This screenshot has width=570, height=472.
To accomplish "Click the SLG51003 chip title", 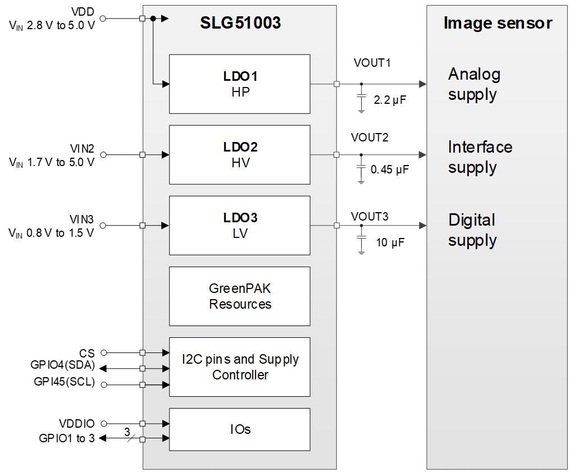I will pos(240,23).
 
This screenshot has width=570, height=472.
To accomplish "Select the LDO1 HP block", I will pos(239,84).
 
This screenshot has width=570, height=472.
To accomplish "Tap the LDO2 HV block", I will pos(239,154).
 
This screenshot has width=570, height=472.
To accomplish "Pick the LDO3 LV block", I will pos(239,225).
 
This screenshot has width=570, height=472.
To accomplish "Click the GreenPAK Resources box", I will pos(239,296).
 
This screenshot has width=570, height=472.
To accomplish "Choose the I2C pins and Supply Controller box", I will pos(239,367).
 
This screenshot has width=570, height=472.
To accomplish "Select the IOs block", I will pos(239,429).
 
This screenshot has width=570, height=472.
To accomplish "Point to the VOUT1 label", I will pos(372,63).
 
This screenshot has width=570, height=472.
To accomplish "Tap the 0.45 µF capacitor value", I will pos(390,169).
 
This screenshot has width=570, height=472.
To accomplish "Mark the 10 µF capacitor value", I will pos(389,242).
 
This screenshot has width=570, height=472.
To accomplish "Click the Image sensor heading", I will pos(498,23).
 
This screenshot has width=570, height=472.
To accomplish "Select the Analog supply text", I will pos(473,84).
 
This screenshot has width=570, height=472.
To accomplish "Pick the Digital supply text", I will pos(472,230).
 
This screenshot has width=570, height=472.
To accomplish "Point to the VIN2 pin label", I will pos(83,149).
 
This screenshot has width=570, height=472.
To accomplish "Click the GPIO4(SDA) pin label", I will pos(62,366).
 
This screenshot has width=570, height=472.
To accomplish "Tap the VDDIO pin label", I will pos(77,424).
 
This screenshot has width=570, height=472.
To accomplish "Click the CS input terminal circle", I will pos(103,353).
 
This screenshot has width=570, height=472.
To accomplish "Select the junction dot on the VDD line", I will pos(153,19).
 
